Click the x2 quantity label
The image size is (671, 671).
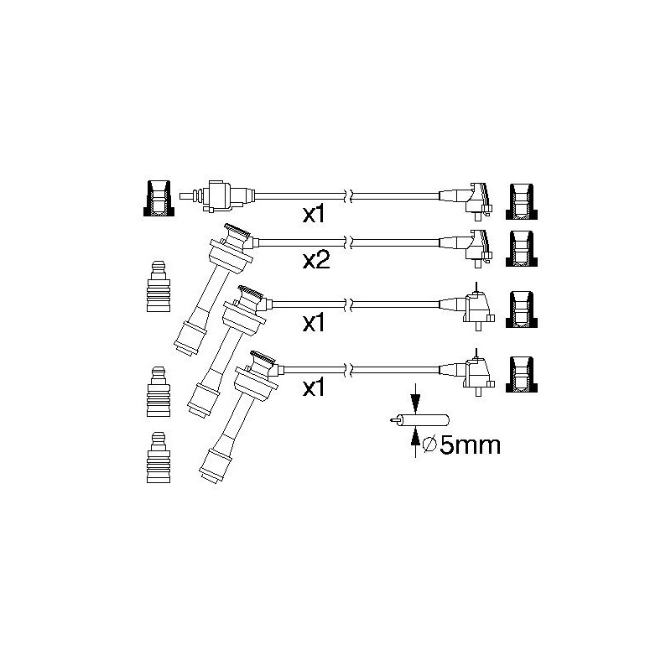pyautogui.click(x=316, y=260)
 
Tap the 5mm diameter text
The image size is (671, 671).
pyautogui.click(x=461, y=445)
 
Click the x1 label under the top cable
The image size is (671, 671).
pyautogui.click(x=314, y=215)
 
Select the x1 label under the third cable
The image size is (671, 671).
pyautogui.click(x=314, y=323)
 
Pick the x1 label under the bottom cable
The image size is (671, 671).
pyautogui.click(x=314, y=388)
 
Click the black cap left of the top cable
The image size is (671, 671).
pyautogui.click(x=159, y=198)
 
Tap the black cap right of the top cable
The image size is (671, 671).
pyautogui.click(x=521, y=202)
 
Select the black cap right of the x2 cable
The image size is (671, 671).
pyautogui.click(x=521, y=249)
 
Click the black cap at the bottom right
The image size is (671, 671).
pyautogui.click(x=521, y=374)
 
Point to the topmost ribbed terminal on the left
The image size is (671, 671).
pyautogui.click(x=159, y=286)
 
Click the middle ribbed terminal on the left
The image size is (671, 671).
pyautogui.click(x=159, y=392)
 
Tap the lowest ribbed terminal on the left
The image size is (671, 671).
pyautogui.click(x=159, y=457)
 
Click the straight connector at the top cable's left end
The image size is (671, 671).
pyautogui.click(x=217, y=196)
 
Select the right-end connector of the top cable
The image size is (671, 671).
pyautogui.click(x=466, y=201)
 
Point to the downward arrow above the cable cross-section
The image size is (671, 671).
pyautogui.click(x=415, y=399)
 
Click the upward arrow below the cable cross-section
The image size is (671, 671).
pyautogui.click(x=415, y=443)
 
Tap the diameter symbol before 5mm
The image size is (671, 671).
pyautogui.click(x=429, y=446)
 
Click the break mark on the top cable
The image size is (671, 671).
pyautogui.click(x=348, y=196)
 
